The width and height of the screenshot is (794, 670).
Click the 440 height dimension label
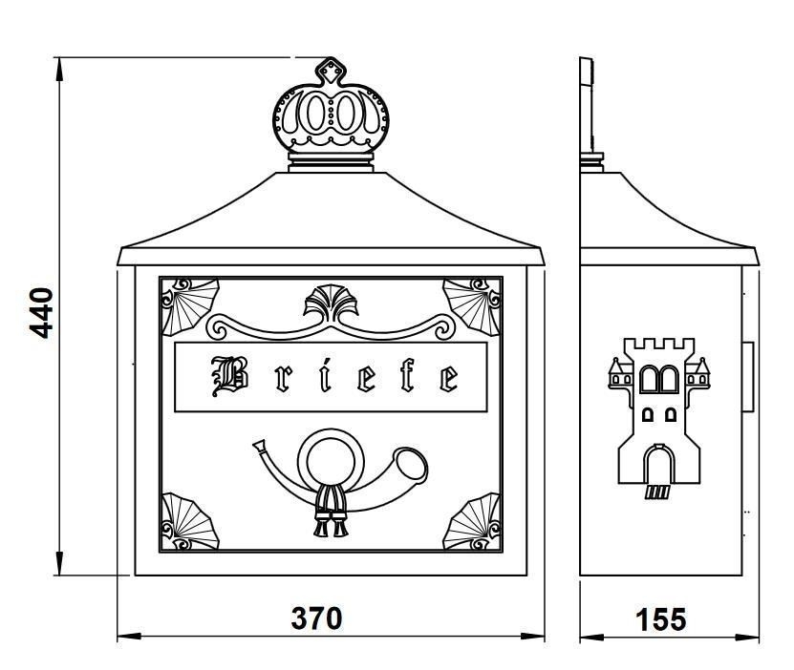click(41, 313)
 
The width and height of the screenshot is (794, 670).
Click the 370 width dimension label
click(316, 618)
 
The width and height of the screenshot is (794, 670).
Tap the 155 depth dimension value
click(661, 619)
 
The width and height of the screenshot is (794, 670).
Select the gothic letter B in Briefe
click(230, 376)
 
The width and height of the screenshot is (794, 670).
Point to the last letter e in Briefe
click(449, 378)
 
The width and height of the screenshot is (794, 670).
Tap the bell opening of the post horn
click(411, 464)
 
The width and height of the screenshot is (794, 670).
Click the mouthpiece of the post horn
click(260, 447)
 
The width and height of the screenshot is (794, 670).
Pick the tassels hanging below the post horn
click(332, 512)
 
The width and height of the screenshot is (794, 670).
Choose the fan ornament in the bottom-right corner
click(472, 521)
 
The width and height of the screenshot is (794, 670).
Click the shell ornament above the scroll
click(332, 303)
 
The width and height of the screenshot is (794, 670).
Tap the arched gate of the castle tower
click(658, 464)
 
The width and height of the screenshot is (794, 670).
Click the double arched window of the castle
click(659, 379)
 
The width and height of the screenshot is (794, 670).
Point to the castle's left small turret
click(621, 372)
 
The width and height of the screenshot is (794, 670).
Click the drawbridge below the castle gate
click(657, 492)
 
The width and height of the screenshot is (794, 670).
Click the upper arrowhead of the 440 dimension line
click(60, 70)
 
